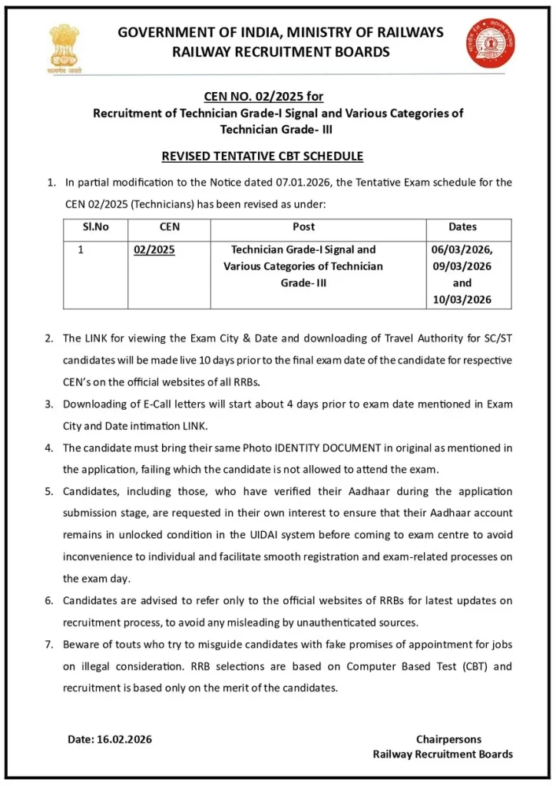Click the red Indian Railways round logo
(x=489, y=44)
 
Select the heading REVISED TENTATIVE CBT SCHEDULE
(x=262, y=157)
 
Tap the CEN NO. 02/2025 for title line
(x=263, y=97)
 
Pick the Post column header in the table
(x=303, y=227)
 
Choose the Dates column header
(x=462, y=227)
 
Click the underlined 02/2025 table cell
(x=154, y=250)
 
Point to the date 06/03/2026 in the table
(x=462, y=250)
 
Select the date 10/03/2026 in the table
(x=462, y=299)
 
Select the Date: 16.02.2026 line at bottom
(x=110, y=739)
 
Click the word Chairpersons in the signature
(x=448, y=739)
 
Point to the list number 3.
(x=49, y=404)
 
